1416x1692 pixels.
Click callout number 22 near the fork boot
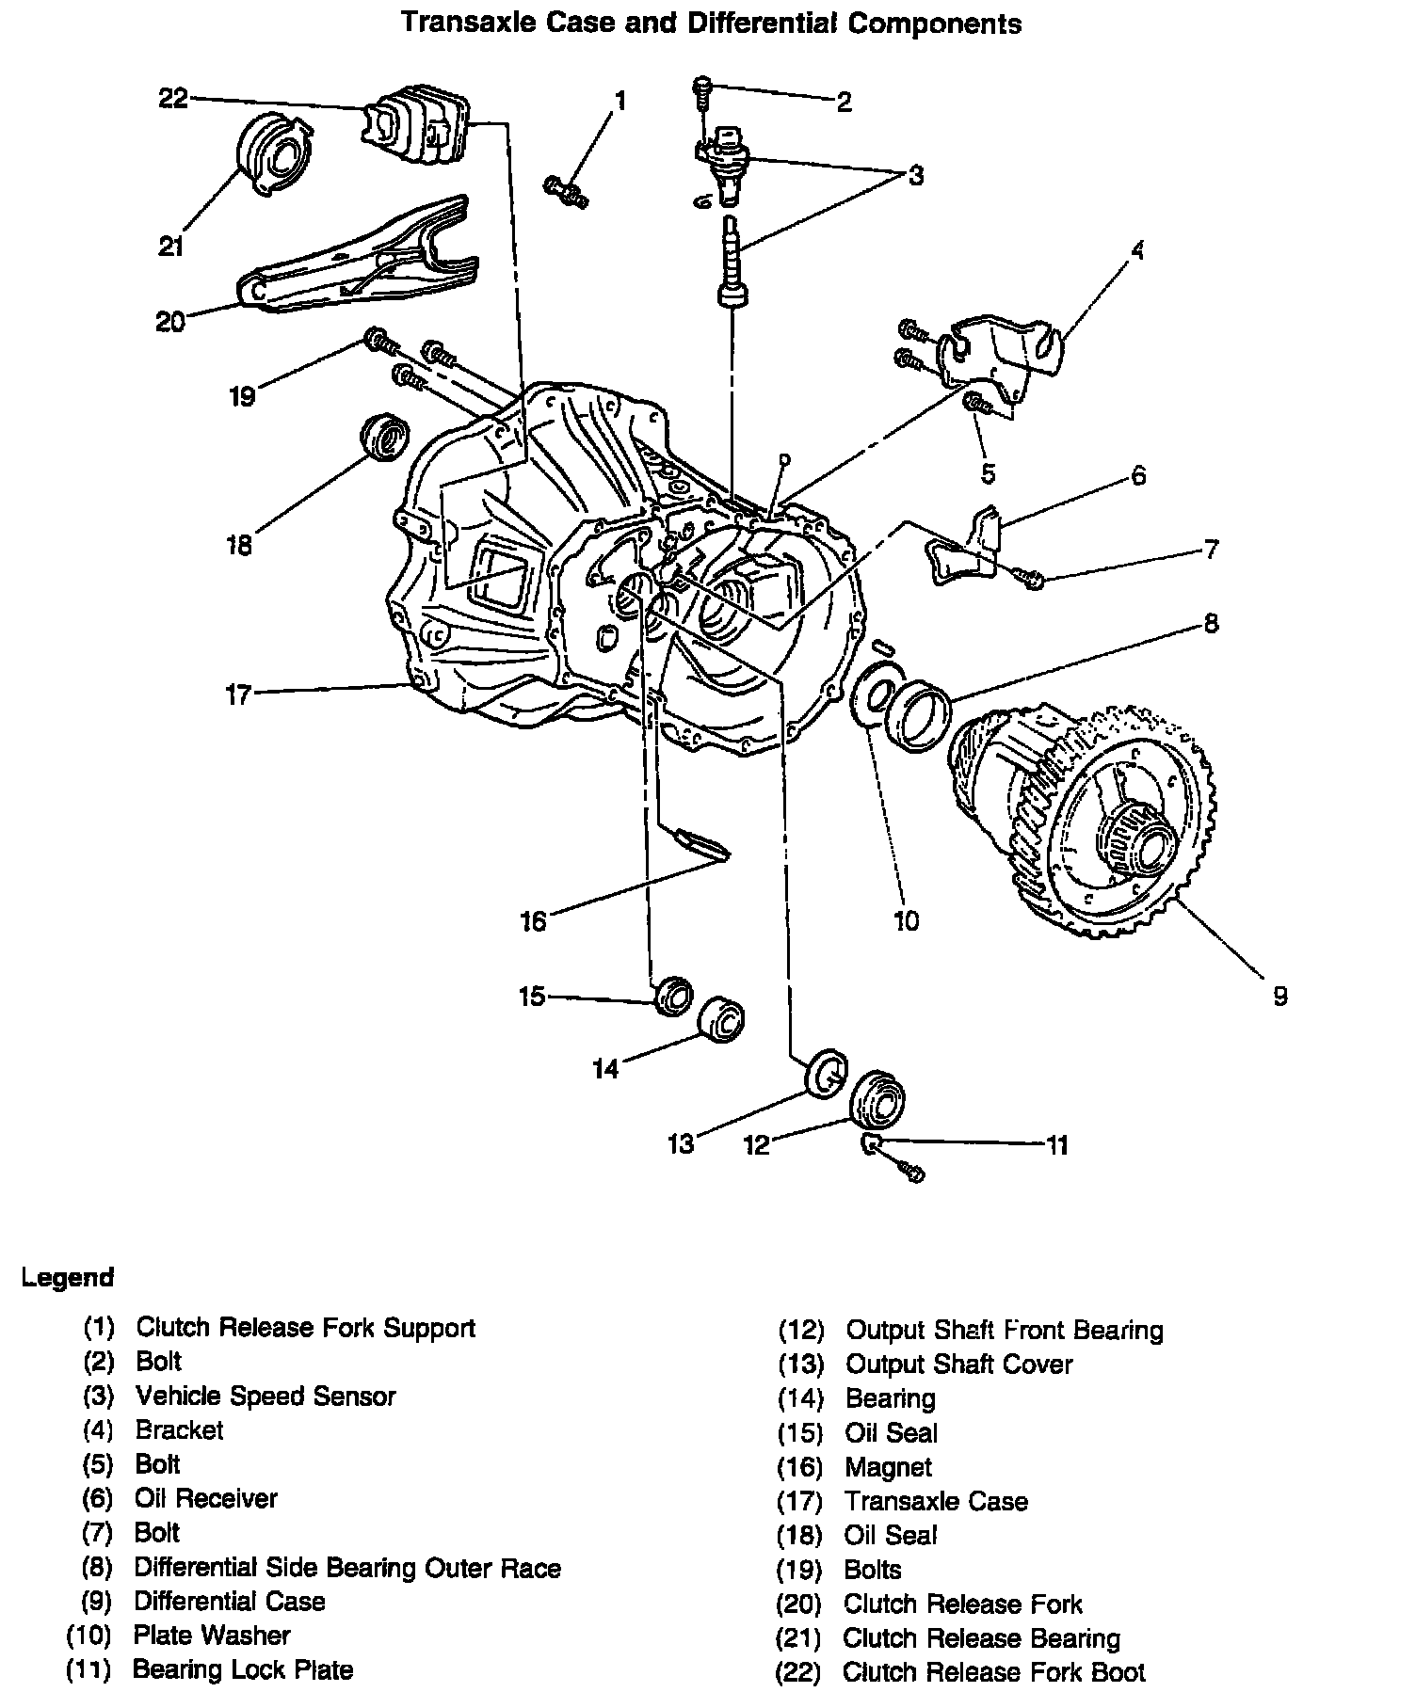coord(173,98)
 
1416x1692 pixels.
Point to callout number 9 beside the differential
coord(1279,996)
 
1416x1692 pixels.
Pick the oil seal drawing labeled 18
coord(385,438)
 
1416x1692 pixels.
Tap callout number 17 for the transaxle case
coord(238,694)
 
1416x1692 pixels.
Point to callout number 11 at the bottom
coord(1057,1144)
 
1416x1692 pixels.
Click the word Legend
coord(68,1278)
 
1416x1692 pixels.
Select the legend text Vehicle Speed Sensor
coord(265,1396)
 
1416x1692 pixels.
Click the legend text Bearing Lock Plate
coord(243,1669)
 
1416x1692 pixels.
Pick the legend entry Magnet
coord(889,1467)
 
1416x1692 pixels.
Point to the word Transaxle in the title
coord(459,23)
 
